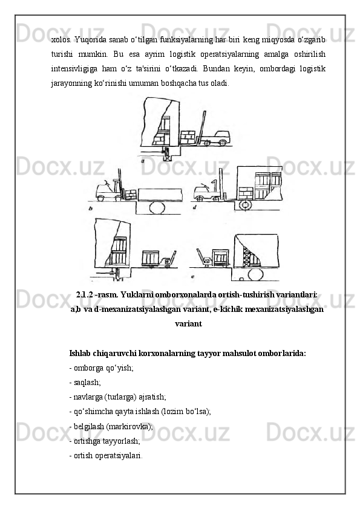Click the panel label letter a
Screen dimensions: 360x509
[143, 161]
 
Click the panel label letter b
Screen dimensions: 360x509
[91, 209]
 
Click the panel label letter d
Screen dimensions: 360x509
[194, 208]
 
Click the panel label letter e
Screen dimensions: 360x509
[193, 277]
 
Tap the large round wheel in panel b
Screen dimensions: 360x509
[157, 207]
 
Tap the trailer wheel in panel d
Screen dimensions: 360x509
[246, 204]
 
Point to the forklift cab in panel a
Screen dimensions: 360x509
[218, 137]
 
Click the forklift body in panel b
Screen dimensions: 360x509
[106, 192]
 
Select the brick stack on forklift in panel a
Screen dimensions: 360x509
[187, 137]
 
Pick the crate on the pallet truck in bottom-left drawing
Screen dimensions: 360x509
[151, 258]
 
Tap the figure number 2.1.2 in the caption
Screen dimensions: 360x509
[85, 295]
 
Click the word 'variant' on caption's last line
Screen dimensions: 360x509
[188, 323]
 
